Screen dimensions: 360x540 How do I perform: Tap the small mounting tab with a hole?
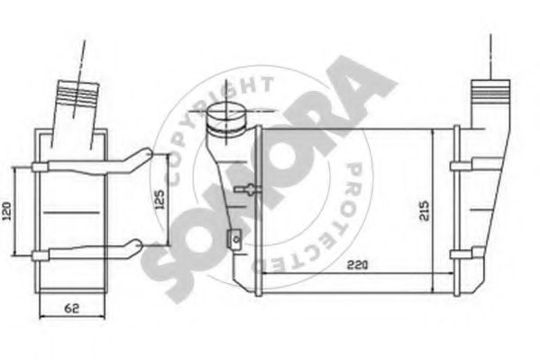[232, 239]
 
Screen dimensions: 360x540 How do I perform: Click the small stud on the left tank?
[245, 189]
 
